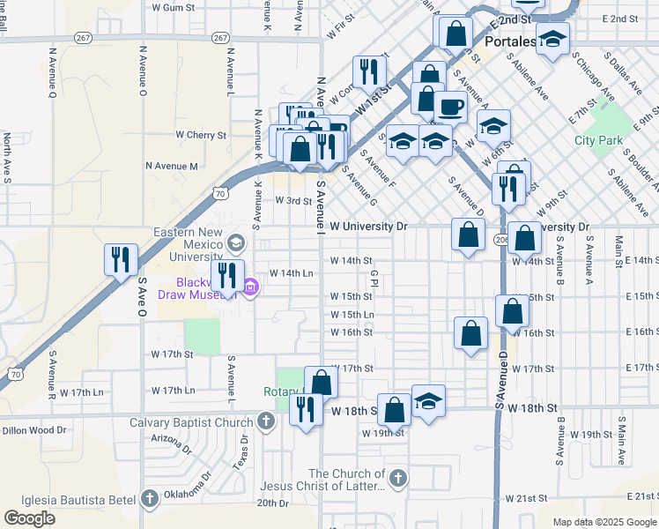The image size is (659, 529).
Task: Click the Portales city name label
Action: pyautogui.click(x=511, y=41)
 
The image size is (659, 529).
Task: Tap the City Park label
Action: pyautogui.click(x=598, y=140)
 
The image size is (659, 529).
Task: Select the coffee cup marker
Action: pyautogui.click(x=451, y=108)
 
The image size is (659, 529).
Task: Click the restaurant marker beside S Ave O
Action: pyautogui.click(x=122, y=259)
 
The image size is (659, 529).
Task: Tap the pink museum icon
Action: pyautogui.click(x=250, y=287)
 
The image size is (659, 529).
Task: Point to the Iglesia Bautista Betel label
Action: pyautogui.click(x=69, y=499)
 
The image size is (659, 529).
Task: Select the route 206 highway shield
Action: pyautogui.click(x=501, y=239)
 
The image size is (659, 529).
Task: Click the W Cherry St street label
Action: pyautogui.click(x=201, y=135)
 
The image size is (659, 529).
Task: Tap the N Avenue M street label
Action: pyautogui.click(x=172, y=166)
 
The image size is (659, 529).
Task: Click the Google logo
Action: pyautogui.click(x=29, y=518)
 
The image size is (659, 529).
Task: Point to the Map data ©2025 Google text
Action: pyautogui.click(x=604, y=522)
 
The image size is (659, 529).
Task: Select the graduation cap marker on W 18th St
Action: pyautogui.click(x=428, y=401)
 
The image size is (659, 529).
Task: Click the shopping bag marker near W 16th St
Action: pyautogui.click(x=471, y=333)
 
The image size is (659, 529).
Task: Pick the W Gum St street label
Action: pyautogui.click(x=173, y=7)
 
